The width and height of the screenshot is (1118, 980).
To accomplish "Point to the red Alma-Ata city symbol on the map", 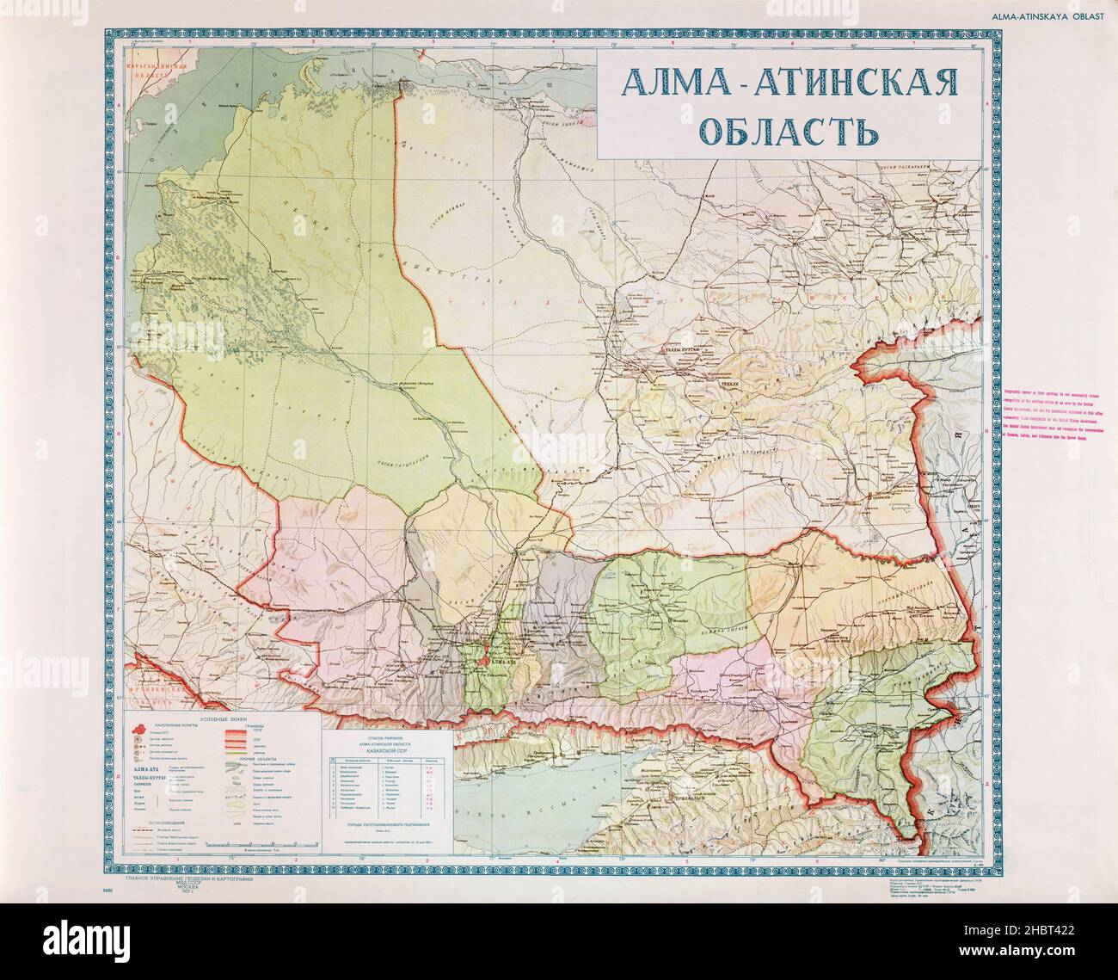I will [x=488, y=661].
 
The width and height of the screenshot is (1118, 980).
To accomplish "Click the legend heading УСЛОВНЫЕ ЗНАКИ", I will [x=225, y=719].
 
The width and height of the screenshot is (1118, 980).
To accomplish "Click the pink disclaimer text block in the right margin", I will [x=1060, y=413].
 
